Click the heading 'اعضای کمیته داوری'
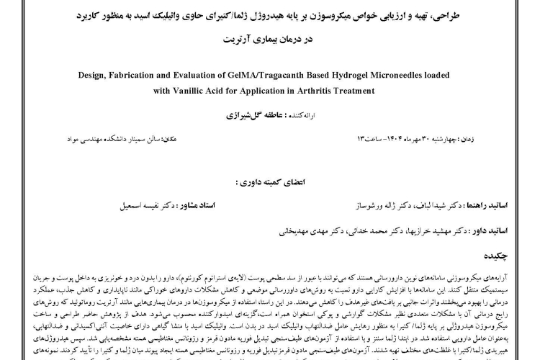pyautogui.click(x=271, y=183)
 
